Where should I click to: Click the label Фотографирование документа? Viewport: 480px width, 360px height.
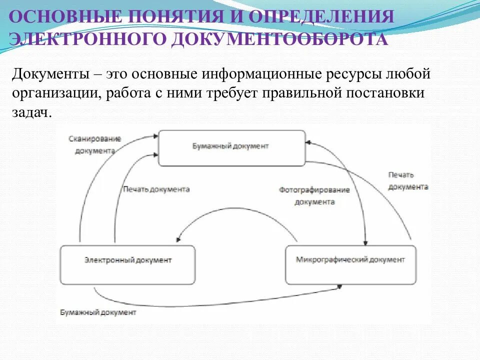point(314,196)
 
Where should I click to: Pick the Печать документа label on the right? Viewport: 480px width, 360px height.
point(408,181)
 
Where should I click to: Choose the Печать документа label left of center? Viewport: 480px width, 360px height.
point(156,189)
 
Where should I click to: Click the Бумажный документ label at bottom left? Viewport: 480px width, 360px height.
point(98,312)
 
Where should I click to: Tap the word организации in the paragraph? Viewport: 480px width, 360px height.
point(55,93)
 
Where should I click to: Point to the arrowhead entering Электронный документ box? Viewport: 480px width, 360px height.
point(179,241)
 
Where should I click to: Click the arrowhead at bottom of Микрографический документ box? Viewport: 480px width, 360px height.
point(340,286)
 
